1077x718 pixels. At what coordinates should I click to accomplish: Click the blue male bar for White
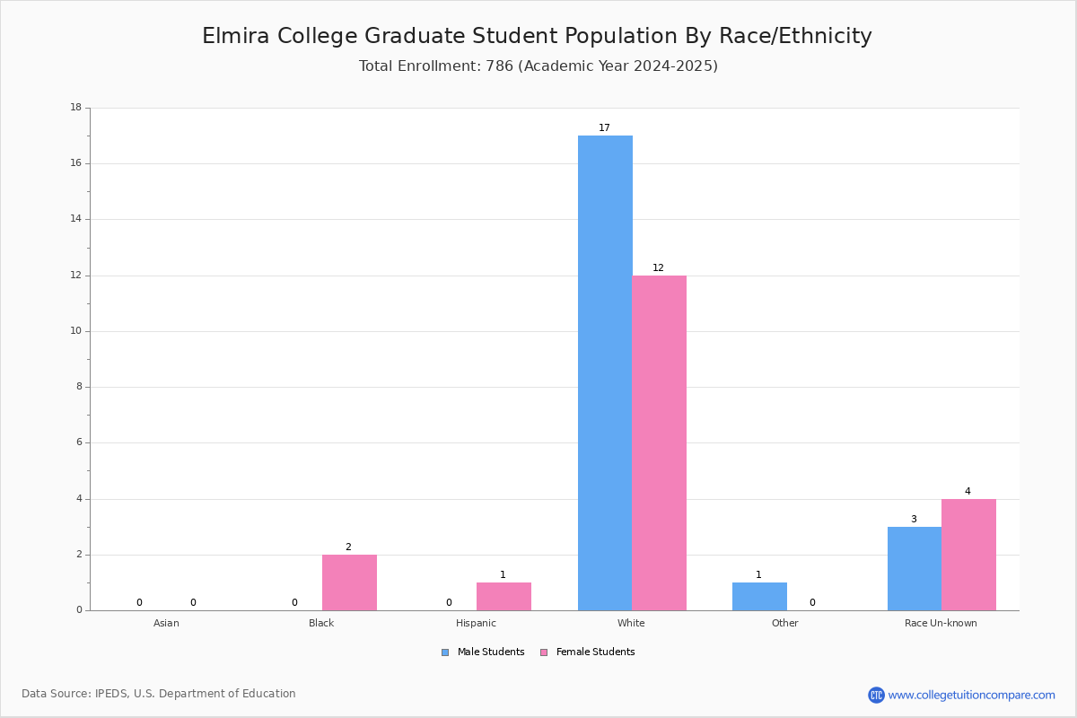point(605,372)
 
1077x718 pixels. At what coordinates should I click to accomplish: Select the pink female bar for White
point(659,443)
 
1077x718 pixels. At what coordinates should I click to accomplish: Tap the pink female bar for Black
point(349,582)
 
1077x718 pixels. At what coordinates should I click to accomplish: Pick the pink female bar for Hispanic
point(503,597)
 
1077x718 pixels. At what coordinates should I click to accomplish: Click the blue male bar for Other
point(759,597)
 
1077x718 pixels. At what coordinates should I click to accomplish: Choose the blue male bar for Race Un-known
point(915,569)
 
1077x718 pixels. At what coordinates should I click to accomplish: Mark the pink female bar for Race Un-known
point(968,555)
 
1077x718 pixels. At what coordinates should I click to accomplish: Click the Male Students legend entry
point(483,652)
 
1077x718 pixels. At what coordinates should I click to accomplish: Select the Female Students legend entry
point(588,652)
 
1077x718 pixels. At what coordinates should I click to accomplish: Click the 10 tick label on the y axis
point(76,331)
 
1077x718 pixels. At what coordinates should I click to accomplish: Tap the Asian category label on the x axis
point(166,623)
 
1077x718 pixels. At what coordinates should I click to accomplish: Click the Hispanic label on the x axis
point(476,623)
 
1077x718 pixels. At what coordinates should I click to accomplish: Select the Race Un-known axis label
point(941,623)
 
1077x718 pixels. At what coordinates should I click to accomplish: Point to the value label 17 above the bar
point(604,127)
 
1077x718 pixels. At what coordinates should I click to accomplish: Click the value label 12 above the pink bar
point(658,267)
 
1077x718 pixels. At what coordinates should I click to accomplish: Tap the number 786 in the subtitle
point(500,66)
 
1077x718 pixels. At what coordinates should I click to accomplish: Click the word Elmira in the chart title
point(235,36)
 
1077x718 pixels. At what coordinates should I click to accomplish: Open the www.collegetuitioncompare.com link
point(972,695)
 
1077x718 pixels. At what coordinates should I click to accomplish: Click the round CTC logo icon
point(877,695)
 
